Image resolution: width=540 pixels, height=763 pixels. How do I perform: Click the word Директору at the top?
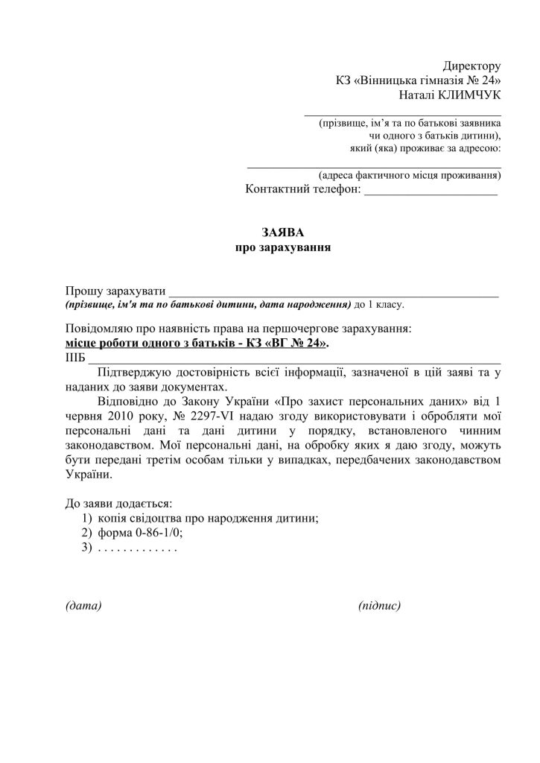[x=472, y=67]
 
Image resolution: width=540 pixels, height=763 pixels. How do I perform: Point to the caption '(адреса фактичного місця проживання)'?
[x=409, y=176]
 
